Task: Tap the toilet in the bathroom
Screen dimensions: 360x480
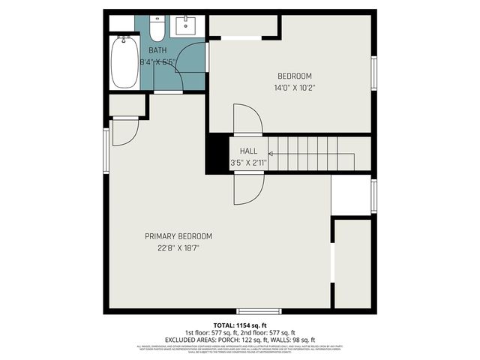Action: click(x=157, y=30)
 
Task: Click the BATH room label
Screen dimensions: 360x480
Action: click(x=157, y=50)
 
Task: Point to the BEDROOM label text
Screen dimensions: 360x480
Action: click(x=294, y=76)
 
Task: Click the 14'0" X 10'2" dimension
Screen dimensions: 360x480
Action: click(x=294, y=88)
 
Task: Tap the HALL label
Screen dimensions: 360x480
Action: click(x=248, y=151)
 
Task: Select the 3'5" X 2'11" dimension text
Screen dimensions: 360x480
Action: click(x=248, y=162)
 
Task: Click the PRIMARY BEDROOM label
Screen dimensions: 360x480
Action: click(x=178, y=236)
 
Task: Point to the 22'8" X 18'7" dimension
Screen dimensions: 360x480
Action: click(x=178, y=247)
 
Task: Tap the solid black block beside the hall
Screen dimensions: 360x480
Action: click(x=217, y=153)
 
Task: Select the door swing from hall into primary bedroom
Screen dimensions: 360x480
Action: click(x=247, y=189)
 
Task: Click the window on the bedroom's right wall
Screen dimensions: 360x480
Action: click(x=373, y=73)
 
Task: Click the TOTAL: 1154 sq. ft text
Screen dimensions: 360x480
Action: click(x=239, y=324)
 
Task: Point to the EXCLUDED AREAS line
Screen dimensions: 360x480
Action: click(x=239, y=339)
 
